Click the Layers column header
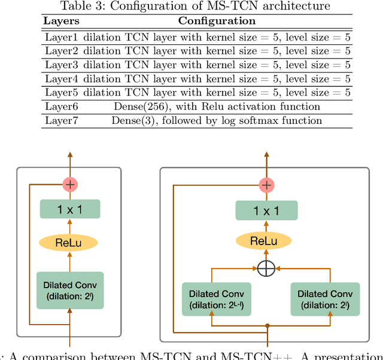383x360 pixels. [x=62, y=20]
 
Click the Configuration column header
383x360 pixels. [x=217, y=20]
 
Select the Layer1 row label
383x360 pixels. [x=62, y=37]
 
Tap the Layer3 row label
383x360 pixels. [x=62, y=65]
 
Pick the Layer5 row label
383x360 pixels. [x=62, y=92]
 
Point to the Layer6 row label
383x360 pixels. [x=62, y=106]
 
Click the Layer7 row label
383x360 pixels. [x=62, y=120]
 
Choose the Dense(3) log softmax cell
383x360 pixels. [x=217, y=120]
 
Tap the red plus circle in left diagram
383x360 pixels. [x=70, y=184]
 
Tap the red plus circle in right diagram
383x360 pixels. [x=266, y=185]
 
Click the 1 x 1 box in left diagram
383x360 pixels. [x=70, y=209]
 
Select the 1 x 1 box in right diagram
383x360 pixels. [x=266, y=210]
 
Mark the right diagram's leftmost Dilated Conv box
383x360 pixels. [x=212, y=298]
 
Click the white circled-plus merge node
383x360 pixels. [x=266, y=269]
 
